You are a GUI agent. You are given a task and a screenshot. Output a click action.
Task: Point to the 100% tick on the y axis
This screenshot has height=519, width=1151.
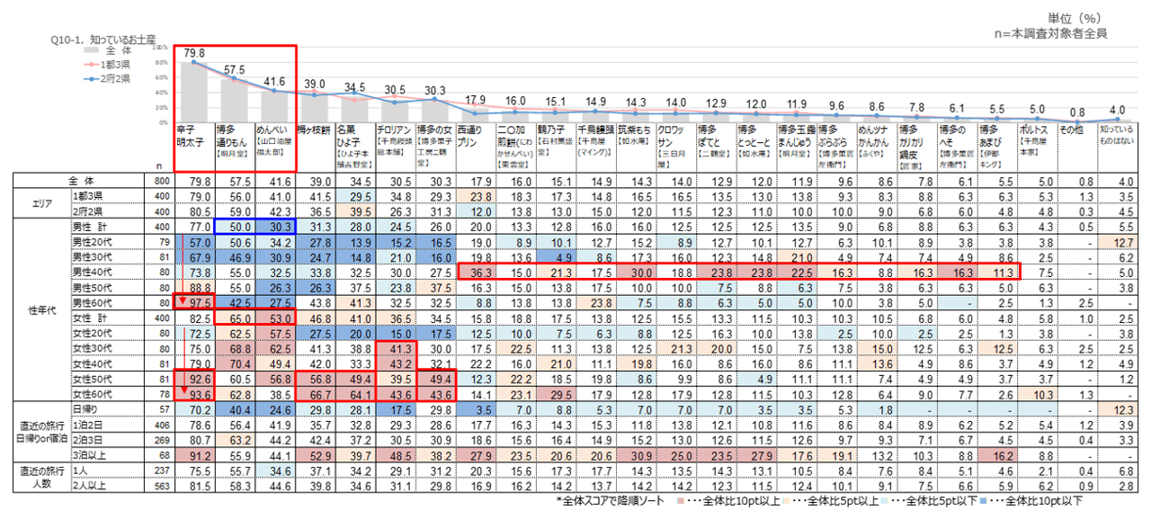pos(161,47)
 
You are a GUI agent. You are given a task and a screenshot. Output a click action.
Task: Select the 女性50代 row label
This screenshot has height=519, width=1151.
pos(92,380)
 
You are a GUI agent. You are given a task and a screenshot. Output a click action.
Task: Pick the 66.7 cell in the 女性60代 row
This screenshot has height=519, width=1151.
pos(312,393)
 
